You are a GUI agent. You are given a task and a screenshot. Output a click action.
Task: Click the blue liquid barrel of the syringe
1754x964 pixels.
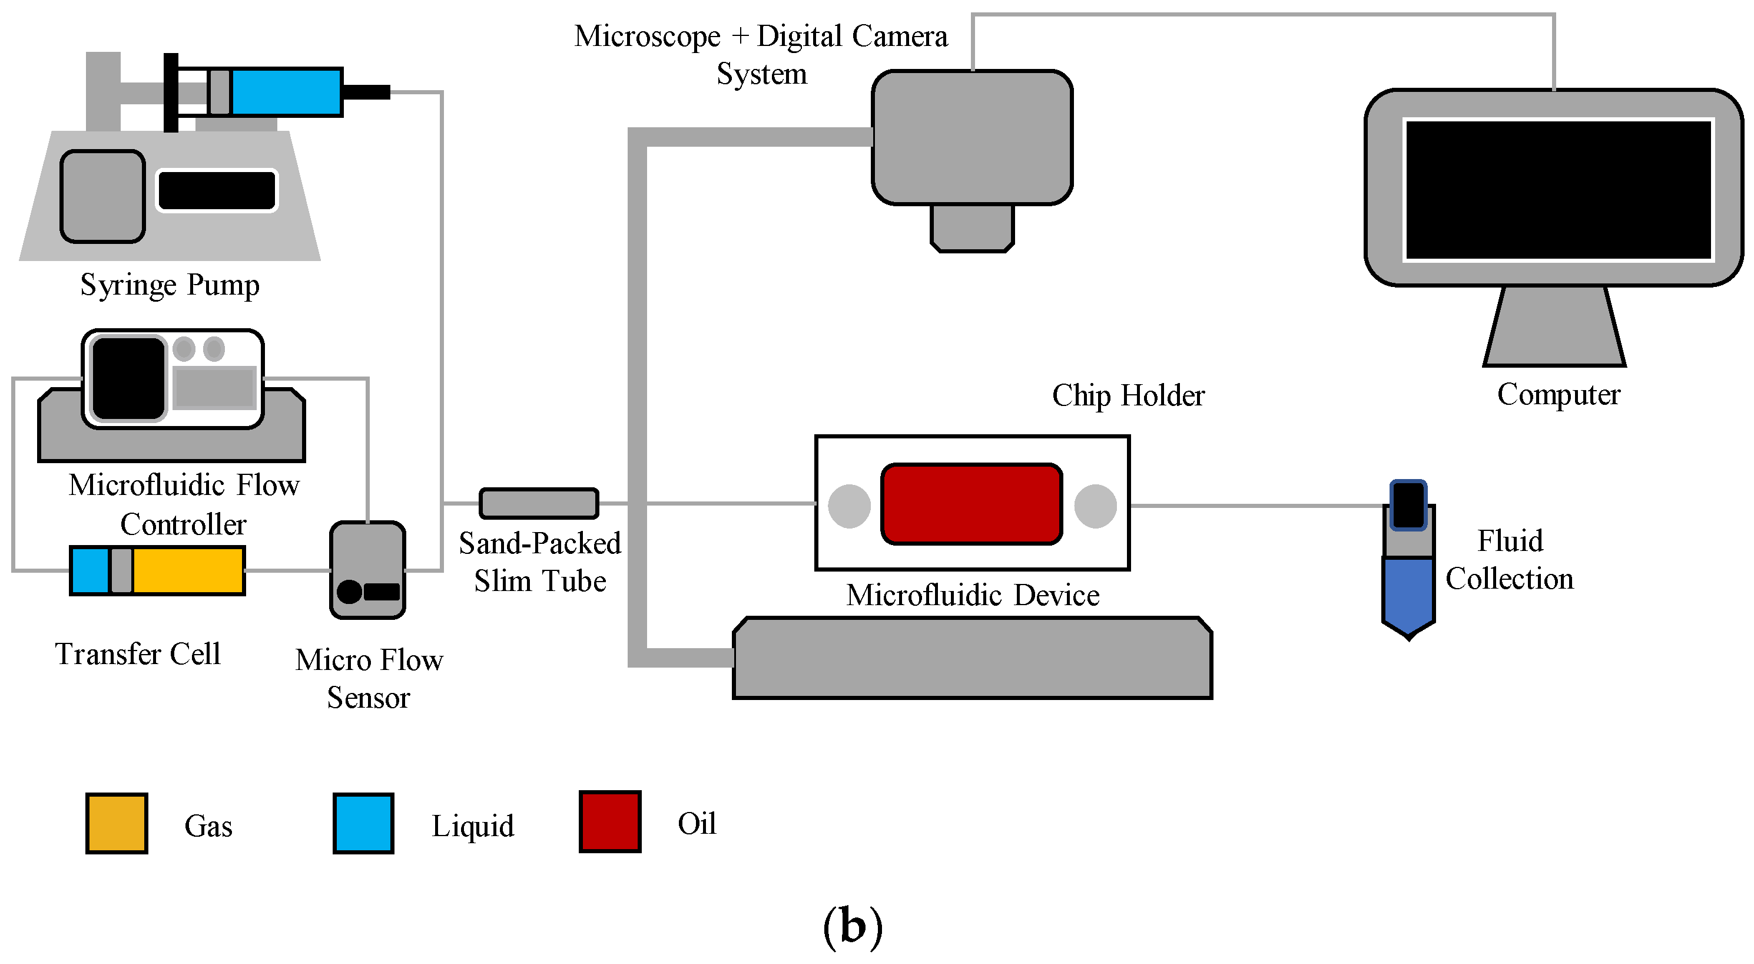click(x=287, y=92)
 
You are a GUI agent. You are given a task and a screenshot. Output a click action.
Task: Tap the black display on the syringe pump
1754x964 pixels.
click(x=217, y=191)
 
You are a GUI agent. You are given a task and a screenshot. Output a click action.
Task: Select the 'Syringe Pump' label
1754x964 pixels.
click(x=170, y=285)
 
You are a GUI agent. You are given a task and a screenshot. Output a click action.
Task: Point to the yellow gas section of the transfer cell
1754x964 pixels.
click(x=188, y=570)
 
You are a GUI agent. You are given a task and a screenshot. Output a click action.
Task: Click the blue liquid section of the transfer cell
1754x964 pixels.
click(x=90, y=570)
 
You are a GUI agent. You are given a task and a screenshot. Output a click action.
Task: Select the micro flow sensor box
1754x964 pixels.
click(x=367, y=570)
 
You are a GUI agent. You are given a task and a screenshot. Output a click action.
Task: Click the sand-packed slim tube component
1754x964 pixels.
click(x=539, y=503)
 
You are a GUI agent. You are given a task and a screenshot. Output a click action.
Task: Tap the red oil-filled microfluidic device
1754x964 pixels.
click(x=972, y=504)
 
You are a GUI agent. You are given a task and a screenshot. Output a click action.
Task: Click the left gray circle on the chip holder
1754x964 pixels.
click(x=849, y=506)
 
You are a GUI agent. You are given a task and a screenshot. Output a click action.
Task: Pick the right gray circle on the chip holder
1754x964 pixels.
click(x=1096, y=506)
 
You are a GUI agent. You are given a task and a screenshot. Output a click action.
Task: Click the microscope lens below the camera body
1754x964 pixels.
click(x=972, y=228)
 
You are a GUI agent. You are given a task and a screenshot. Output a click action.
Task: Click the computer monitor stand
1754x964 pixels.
click(x=1555, y=326)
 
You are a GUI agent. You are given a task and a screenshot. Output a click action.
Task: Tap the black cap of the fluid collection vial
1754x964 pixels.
click(x=1408, y=505)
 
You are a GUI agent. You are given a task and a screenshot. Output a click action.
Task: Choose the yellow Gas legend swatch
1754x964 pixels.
click(x=117, y=823)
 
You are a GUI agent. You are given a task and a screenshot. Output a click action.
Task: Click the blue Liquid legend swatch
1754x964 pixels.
click(x=364, y=823)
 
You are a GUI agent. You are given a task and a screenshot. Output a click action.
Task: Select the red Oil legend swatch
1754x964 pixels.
click(x=610, y=821)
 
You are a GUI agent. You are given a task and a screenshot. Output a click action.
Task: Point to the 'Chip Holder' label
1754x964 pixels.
click(x=1128, y=395)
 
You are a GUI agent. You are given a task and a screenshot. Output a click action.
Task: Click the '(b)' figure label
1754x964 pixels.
click(x=853, y=926)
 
